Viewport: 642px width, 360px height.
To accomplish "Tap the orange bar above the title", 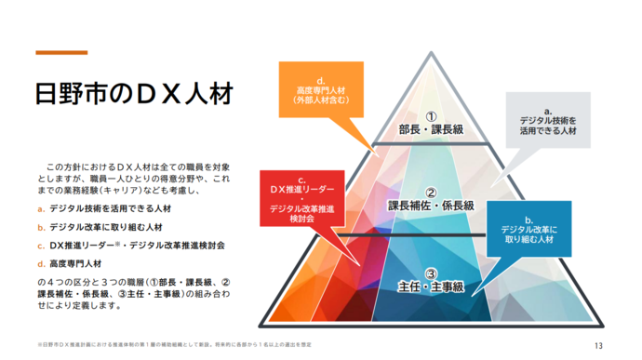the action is click(x=61, y=52).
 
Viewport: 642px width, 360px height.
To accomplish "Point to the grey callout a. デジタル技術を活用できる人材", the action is click(x=548, y=121).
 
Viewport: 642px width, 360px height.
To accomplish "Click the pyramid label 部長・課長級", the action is click(x=430, y=130).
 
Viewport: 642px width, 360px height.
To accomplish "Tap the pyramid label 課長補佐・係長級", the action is click(x=431, y=205).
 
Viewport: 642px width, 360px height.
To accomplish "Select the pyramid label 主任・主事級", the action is click(x=430, y=286).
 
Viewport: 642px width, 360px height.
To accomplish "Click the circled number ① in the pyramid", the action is click(x=430, y=115).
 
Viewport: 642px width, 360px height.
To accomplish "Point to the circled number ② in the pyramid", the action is click(x=430, y=190).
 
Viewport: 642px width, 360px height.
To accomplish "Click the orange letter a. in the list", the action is click(x=42, y=209).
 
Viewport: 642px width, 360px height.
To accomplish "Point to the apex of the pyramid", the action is click(x=430, y=53).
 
